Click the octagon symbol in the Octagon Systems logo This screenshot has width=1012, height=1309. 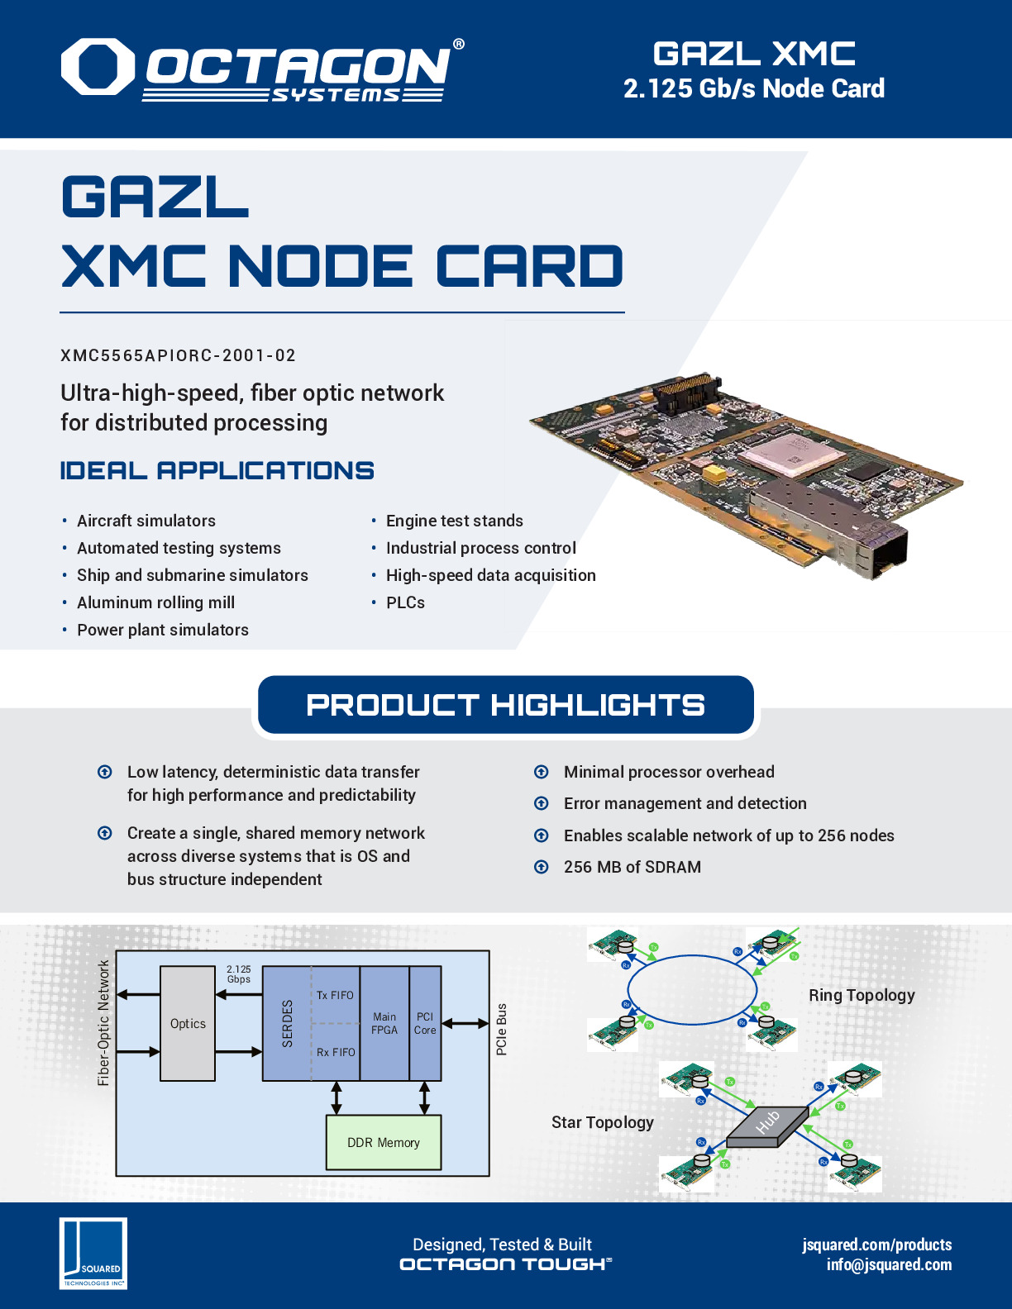click(98, 66)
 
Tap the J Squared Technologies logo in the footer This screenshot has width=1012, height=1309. click(93, 1253)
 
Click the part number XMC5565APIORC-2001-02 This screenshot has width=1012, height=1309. click(178, 355)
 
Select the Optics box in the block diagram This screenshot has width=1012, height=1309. click(188, 1024)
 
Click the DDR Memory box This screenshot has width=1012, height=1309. click(384, 1143)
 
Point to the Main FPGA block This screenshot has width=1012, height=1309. click(384, 1024)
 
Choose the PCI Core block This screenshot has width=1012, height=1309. click(425, 1024)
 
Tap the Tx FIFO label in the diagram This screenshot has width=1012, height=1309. click(335, 996)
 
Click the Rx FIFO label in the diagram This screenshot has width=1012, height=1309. click(336, 1052)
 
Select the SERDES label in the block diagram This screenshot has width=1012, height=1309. click(288, 1024)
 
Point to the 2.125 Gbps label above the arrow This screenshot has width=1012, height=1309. click(239, 974)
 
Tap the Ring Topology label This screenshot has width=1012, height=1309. click(862, 995)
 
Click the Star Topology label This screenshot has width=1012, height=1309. click(602, 1122)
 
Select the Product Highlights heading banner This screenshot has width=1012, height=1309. click(505, 705)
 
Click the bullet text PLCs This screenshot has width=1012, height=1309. click(405, 602)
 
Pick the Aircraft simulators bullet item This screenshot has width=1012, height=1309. click(146, 521)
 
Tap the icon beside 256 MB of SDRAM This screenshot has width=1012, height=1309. click(542, 867)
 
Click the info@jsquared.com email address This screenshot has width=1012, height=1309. click(889, 1264)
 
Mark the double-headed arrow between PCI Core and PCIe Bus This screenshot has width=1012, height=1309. click(466, 1024)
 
